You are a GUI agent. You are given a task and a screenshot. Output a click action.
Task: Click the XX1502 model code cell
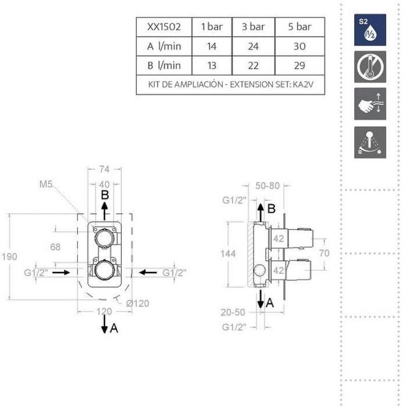[163, 27]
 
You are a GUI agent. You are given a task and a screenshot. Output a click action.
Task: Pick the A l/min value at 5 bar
[300, 45]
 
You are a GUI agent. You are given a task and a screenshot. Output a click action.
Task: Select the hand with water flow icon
[370, 105]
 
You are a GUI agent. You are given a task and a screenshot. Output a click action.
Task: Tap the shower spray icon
[370, 142]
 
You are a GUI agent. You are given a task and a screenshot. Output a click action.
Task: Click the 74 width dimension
[105, 169]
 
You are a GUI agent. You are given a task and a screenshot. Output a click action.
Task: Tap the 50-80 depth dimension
[268, 186]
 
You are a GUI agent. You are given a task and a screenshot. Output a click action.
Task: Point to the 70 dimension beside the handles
[325, 254]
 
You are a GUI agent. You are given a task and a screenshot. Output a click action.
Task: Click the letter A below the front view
[114, 329]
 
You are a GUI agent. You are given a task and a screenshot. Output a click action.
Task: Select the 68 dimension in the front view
[55, 247]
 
